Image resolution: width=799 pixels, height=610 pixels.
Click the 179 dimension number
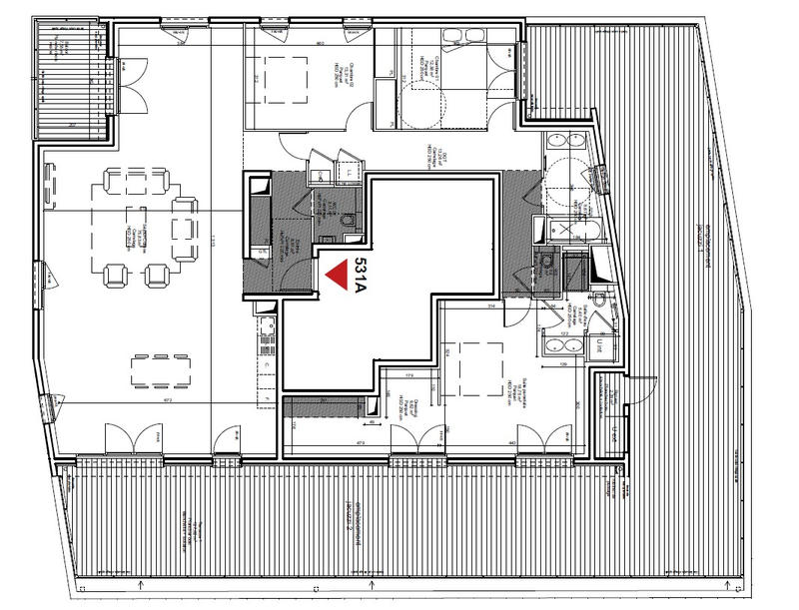tap(409, 376)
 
